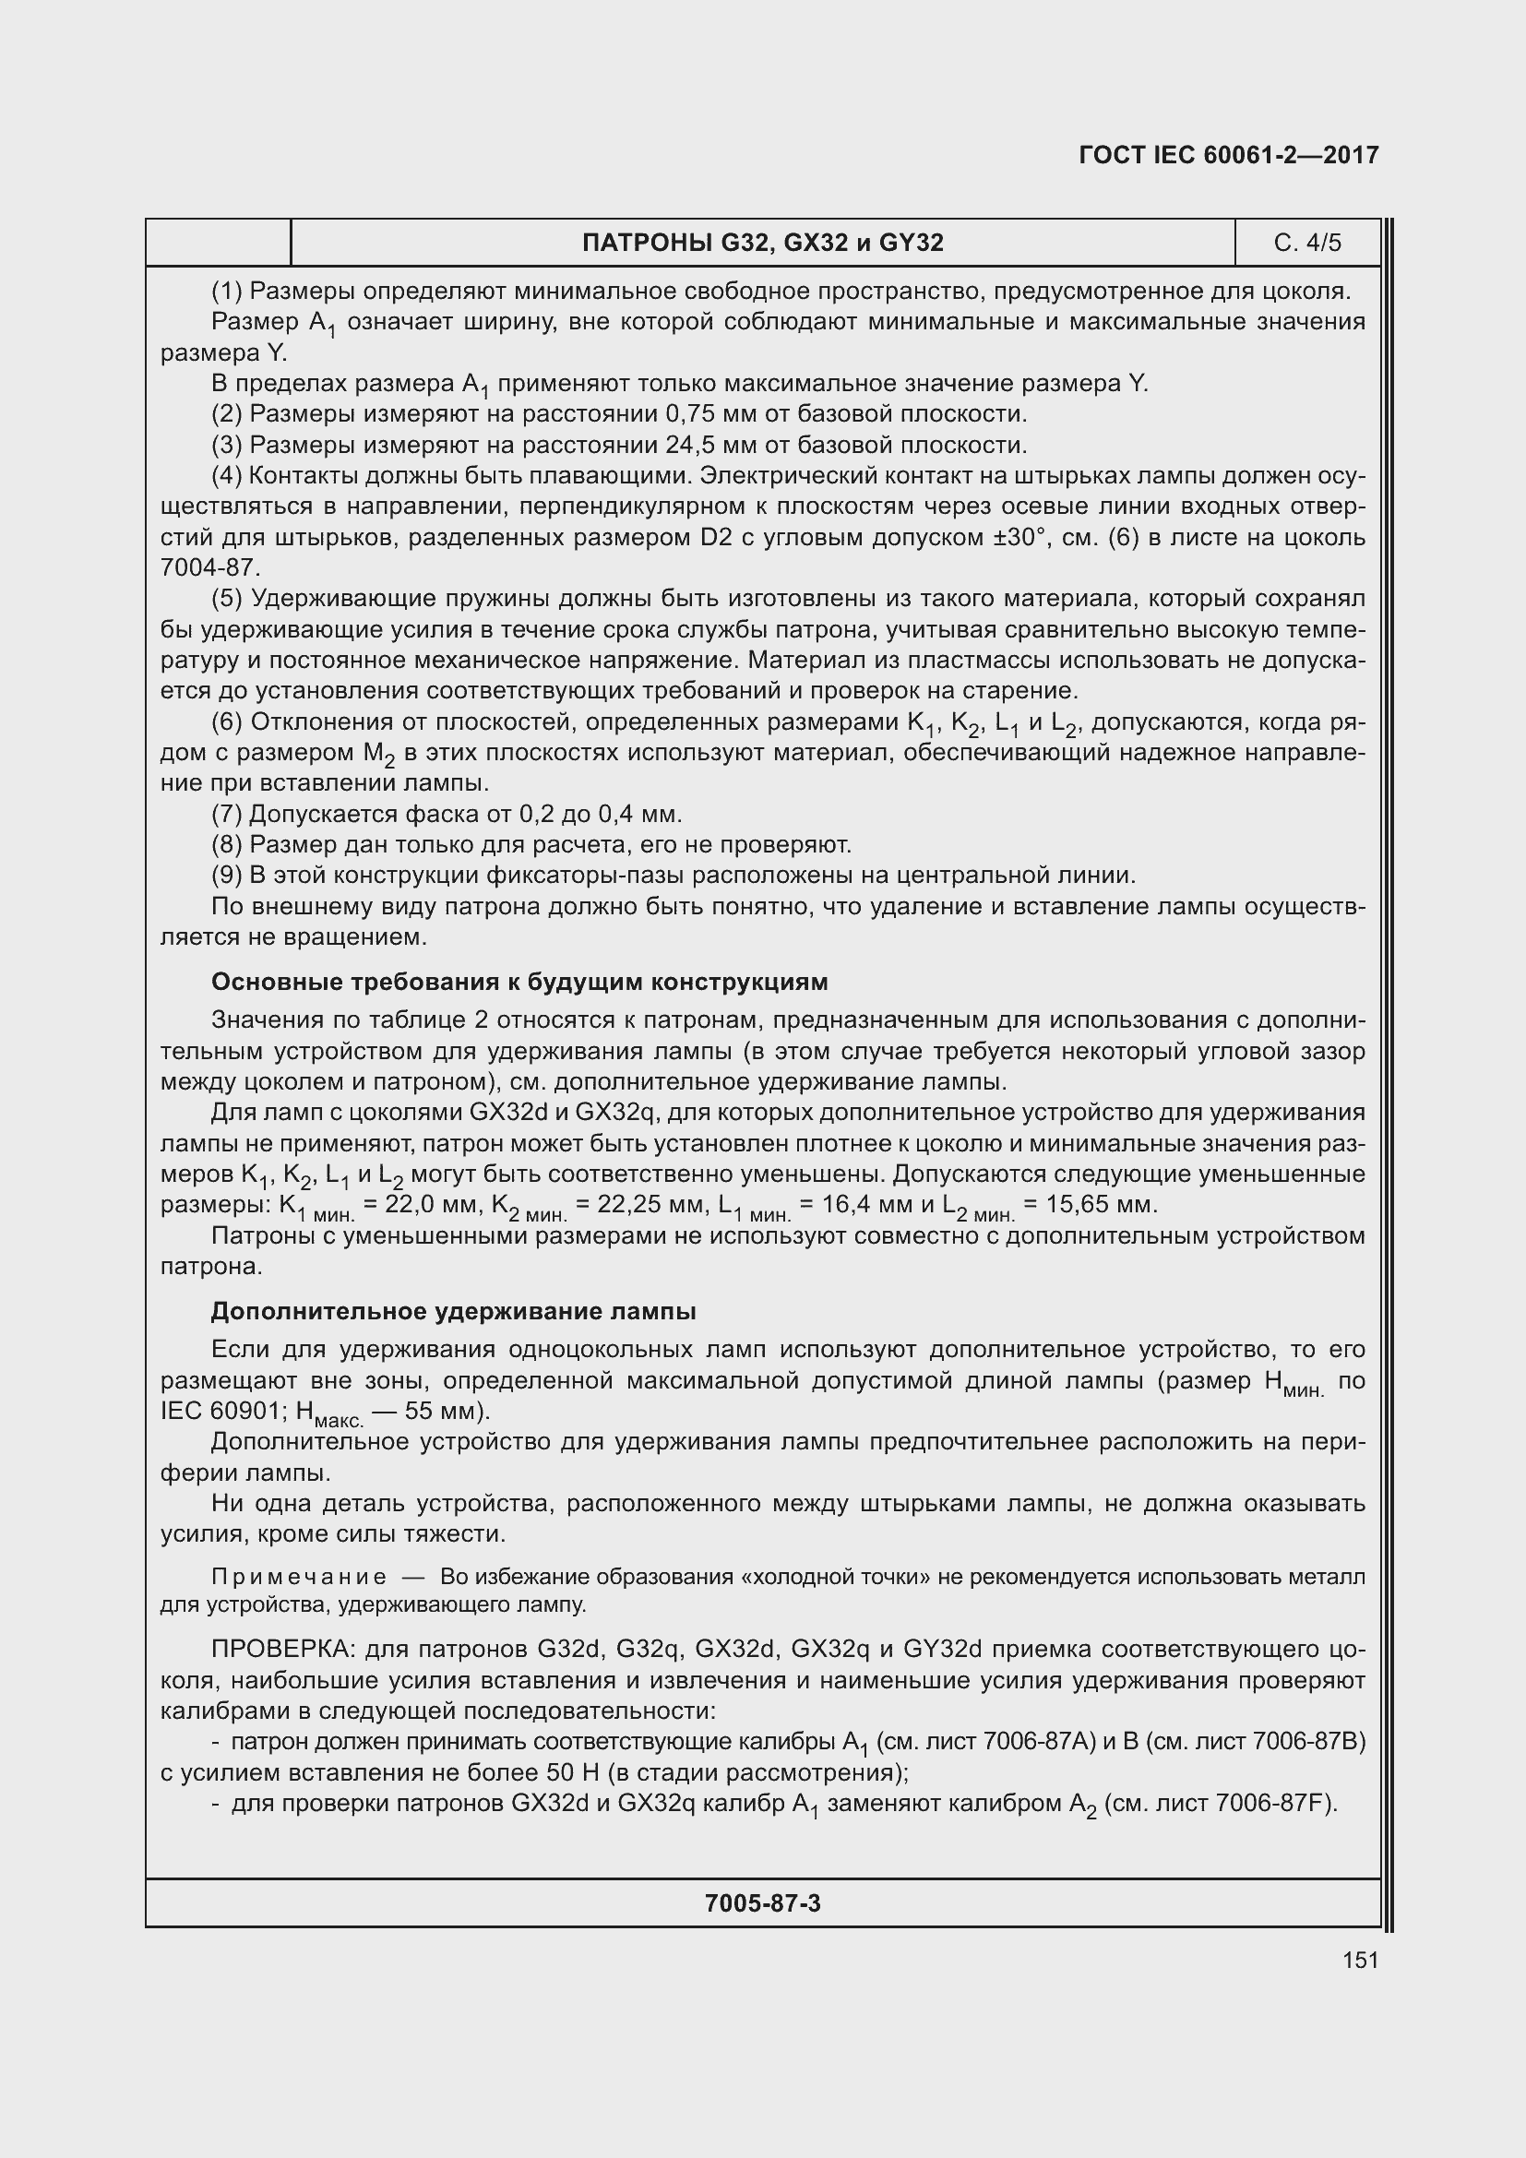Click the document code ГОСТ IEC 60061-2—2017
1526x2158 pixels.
coord(1228,155)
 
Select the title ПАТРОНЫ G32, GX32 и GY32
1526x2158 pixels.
coord(762,244)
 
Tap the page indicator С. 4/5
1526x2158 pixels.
coord(1307,244)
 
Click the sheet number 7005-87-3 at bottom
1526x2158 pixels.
coord(762,1903)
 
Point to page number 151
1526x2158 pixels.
coord(1360,1960)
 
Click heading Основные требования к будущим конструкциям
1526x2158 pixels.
coord(519,983)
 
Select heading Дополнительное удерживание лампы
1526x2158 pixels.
coord(453,1311)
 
